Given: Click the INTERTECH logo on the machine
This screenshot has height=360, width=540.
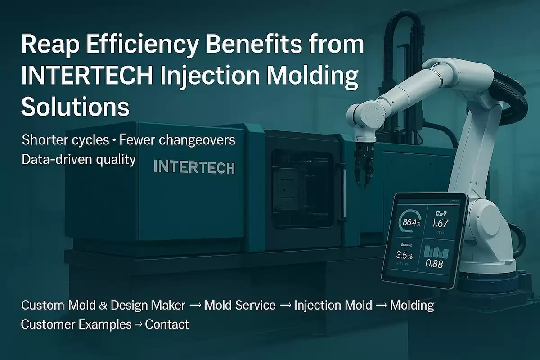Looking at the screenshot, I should coord(194,167).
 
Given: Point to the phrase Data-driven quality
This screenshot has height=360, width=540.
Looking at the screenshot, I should coord(78,159).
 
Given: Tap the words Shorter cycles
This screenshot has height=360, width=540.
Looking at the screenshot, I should coord(65,140).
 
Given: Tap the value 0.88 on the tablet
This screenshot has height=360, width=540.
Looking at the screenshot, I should coord(434,264).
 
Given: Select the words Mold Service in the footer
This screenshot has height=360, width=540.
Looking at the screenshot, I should coord(240,306).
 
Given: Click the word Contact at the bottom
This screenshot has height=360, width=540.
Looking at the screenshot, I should coord(167,324).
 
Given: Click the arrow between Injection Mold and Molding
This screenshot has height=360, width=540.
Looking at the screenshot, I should coord(381,306).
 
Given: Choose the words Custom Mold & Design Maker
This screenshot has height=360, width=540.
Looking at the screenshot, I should coord(103,306).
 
